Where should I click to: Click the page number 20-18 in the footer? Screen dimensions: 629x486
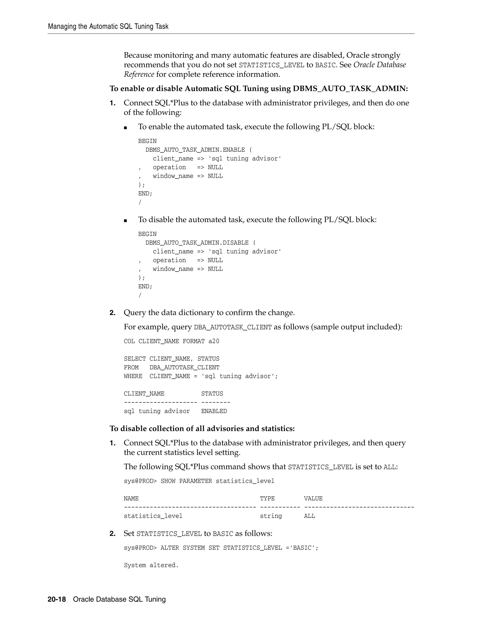tap(57, 599)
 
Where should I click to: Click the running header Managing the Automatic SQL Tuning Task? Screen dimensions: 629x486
tap(108, 27)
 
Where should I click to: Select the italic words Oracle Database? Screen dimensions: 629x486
tap(379, 65)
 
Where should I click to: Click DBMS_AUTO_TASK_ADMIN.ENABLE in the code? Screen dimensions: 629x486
tap(195, 150)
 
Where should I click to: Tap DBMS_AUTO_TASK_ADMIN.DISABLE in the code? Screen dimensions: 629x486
tap(197, 243)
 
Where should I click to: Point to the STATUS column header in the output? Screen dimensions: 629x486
tap(212, 394)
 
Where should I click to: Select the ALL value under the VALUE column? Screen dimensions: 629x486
tap(309, 516)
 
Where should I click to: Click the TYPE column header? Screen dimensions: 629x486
tap(267, 498)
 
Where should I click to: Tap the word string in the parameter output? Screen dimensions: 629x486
tap(271, 516)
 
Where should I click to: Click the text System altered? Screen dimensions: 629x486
tap(151, 565)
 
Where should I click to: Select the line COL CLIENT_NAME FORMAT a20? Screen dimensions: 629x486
tap(171, 341)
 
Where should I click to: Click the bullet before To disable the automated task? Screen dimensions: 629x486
tap(125, 221)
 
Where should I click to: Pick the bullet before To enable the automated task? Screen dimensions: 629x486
tap(125, 128)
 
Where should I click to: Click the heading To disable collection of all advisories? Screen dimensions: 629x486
tap(202, 428)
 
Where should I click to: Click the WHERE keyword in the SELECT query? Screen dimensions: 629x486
tap(133, 376)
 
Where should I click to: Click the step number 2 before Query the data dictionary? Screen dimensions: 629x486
tap(112, 313)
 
